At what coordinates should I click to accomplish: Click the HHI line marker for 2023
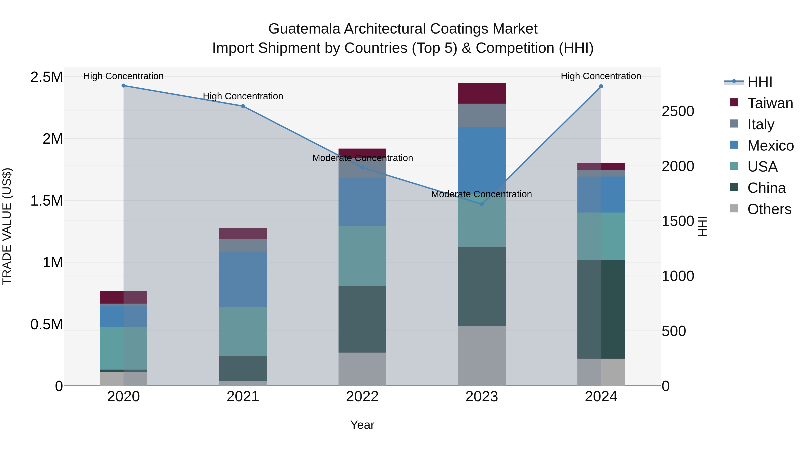pos(482,204)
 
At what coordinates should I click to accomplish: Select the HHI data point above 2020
pos(124,86)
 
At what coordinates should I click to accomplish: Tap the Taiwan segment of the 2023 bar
pos(482,93)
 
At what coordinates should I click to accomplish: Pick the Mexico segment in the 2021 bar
pos(243,279)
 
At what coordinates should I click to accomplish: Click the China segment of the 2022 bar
pos(362,319)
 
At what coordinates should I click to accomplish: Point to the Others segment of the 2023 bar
pos(482,356)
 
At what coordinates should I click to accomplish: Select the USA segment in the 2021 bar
pos(243,331)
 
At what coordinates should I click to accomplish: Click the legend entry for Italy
pos(760,124)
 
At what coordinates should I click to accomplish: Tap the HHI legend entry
pos(759,82)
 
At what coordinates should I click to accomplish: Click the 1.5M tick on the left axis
pos(47,201)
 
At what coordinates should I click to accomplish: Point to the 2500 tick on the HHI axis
pos(678,111)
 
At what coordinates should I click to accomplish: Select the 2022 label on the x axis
pos(362,397)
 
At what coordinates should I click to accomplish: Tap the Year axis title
pos(362,425)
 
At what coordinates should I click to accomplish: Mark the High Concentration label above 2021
pos(243,96)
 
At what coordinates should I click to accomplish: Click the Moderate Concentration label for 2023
pos(482,194)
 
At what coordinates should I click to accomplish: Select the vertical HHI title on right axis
pos(702,226)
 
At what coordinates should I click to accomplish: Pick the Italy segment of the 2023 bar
pos(482,115)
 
